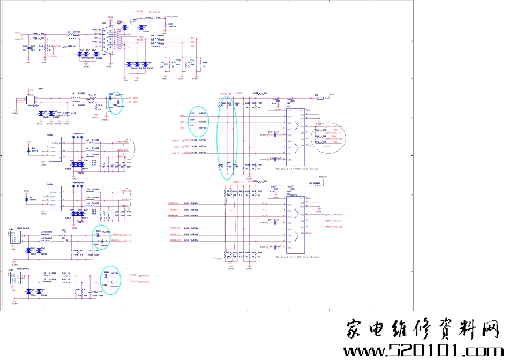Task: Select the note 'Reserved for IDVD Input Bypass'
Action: coord(298,257)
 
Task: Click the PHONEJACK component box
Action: coord(30,100)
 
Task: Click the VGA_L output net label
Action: coord(134,98)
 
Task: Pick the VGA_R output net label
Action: coord(134,102)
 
